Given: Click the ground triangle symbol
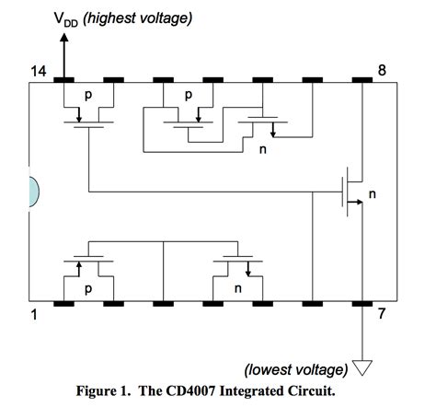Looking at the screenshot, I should pos(361,369).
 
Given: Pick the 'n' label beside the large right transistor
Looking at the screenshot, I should pos(373,194).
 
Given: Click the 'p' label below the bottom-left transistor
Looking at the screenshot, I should pos(89,286).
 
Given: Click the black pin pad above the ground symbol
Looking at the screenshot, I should pos(361,303).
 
